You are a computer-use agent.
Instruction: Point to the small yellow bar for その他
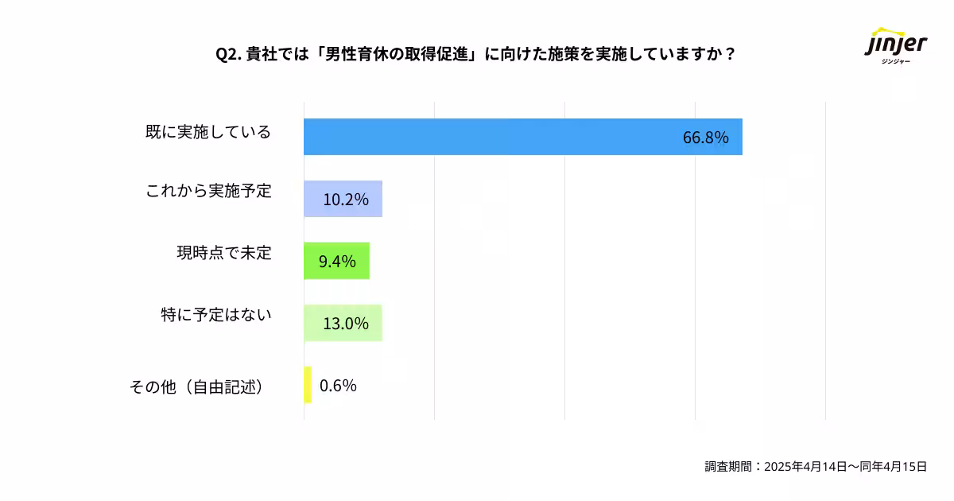307,385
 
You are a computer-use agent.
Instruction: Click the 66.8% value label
705,138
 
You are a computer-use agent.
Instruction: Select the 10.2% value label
345,200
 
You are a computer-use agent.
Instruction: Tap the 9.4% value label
337,262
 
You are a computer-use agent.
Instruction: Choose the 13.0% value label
345,324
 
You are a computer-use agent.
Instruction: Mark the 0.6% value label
338,386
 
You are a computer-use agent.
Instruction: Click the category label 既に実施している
208,132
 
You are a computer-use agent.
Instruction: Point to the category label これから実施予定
208,192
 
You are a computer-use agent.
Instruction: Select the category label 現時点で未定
223,254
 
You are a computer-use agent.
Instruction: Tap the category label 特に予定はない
215,315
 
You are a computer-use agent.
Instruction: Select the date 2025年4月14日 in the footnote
805,467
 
